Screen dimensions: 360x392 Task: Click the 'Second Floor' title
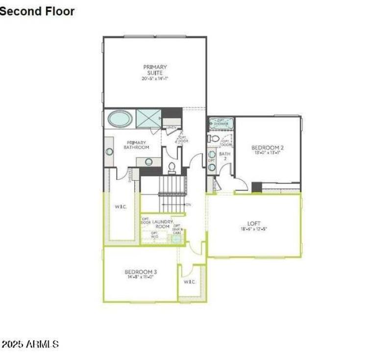click(x=37, y=11)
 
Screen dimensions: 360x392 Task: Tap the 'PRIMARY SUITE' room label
click(x=155, y=70)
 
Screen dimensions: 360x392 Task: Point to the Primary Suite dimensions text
click(x=155, y=78)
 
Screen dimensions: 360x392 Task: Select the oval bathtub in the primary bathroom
click(x=120, y=118)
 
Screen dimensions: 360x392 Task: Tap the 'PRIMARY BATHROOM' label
click(x=136, y=145)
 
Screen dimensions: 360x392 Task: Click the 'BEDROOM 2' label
click(x=268, y=147)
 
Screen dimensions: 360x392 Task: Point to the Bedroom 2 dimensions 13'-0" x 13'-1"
click(x=268, y=153)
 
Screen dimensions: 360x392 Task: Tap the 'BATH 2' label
click(x=225, y=156)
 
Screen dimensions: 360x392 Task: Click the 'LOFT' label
click(x=254, y=224)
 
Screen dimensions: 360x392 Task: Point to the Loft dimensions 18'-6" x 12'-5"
click(x=254, y=229)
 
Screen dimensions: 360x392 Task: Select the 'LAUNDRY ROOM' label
click(x=162, y=224)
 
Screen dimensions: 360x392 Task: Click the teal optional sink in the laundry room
click(x=175, y=239)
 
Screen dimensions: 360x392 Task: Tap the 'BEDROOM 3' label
click(x=140, y=272)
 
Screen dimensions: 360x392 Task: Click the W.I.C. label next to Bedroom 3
click(x=190, y=282)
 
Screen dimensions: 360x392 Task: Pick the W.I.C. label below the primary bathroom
click(x=121, y=206)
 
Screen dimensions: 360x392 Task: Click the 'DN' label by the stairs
click(x=189, y=205)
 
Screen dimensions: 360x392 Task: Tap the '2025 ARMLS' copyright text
click(x=30, y=344)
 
